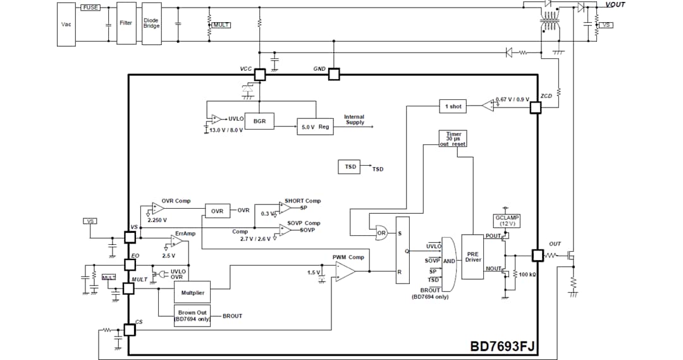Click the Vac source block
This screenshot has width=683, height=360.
tap(66, 24)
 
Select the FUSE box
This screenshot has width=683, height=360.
tap(90, 7)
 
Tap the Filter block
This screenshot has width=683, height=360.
tap(126, 23)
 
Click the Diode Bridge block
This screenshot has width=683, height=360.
tap(151, 23)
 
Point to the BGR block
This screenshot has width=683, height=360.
tap(259, 121)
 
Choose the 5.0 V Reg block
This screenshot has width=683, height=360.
tap(315, 127)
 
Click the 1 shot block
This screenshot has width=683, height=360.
tap(453, 106)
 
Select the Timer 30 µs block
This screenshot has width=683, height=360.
tap(453, 139)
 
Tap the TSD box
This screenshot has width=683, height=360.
tap(350, 167)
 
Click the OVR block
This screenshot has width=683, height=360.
tap(217, 211)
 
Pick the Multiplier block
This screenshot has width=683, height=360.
tap(192, 293)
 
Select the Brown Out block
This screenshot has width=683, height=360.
tap(192, 316)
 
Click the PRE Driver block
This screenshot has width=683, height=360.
tap(473, 256)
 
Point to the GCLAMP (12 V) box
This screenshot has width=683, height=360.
tap(507, 221)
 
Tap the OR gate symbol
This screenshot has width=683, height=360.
tap(381, 233)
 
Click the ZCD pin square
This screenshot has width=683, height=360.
tap(536, 107)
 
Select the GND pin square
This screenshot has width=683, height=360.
tap(334, 74)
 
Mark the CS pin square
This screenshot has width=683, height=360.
tap(130, 330)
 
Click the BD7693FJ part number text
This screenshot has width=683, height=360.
tap(502, 347)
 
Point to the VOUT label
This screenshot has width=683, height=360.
tap(615, 4)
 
